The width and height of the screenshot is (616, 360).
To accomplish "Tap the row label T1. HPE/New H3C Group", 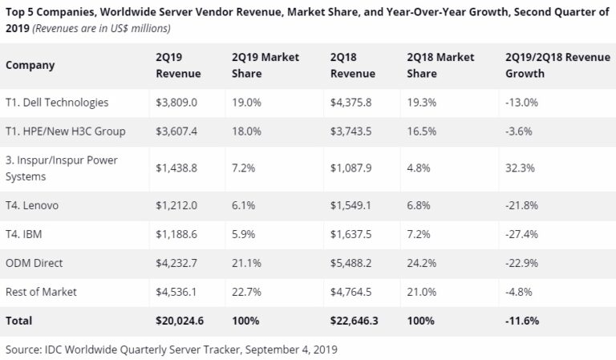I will click(x=65, y=131).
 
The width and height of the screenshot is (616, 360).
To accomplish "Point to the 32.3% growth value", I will click(x=522, y=168).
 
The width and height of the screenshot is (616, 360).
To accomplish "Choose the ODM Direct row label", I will click(x=34, y=263).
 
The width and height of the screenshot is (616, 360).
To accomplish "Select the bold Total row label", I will click(x=19, y=321).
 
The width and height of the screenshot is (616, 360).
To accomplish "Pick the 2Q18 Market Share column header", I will click(x=440, y=65).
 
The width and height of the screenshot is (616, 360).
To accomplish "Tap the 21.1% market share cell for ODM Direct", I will click(x=245, y=263).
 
